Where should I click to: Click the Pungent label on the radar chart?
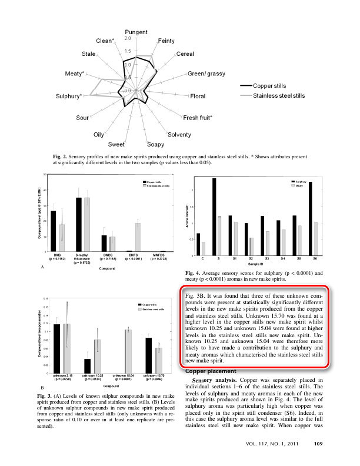pos(136,31)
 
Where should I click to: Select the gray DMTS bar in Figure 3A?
pos(138,237)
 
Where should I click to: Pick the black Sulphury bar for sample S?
pos(214,217)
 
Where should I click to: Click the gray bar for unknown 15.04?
pos(128,351)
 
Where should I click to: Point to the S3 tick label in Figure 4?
pos(267,259)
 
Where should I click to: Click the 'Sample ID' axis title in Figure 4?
pos(259,265)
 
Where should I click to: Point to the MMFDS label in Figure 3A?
pos(164,255)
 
